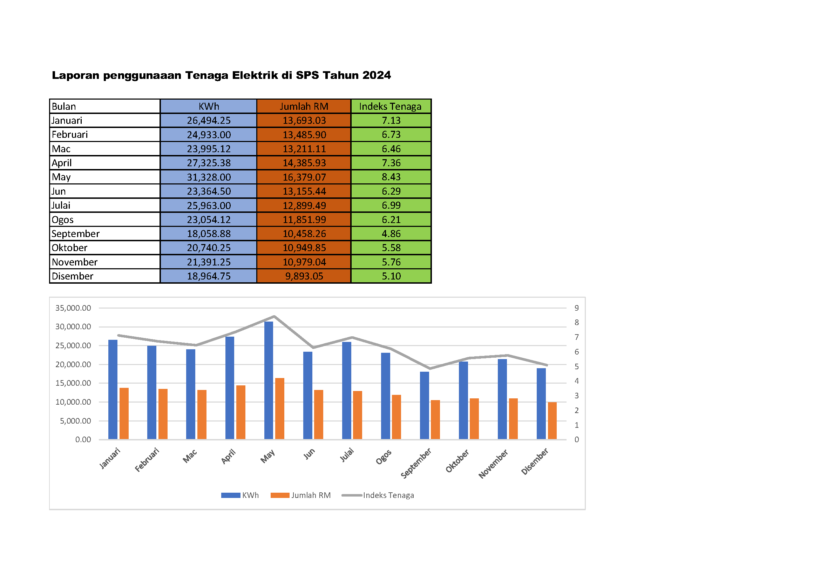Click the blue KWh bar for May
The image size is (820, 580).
coord(269,380)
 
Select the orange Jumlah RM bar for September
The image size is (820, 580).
coord(435,420)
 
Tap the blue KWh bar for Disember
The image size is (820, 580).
coord(541,404)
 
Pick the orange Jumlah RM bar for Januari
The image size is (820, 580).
coord(124,413)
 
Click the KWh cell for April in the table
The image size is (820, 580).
coord(209,163)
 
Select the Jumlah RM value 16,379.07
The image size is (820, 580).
coord(304,177)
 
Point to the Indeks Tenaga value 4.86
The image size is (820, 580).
coord(391,234)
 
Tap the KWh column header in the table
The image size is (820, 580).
coord(209,107)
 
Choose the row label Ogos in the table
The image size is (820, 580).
coord(62,220)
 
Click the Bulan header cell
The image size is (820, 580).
coord(64,107)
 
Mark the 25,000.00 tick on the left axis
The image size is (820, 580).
coord(73,345)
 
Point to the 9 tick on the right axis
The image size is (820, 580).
coord(576,308)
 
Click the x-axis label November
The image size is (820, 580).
coord(493,464)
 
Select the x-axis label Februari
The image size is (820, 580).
coord(147,460)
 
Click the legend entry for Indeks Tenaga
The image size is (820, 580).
coord(388,495)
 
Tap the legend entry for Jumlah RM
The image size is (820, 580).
coord(311,495)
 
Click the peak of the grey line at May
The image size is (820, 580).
coord(274,316)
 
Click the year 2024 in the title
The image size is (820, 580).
coord(377,75)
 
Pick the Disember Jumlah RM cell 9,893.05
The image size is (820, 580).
coord(304,276)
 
